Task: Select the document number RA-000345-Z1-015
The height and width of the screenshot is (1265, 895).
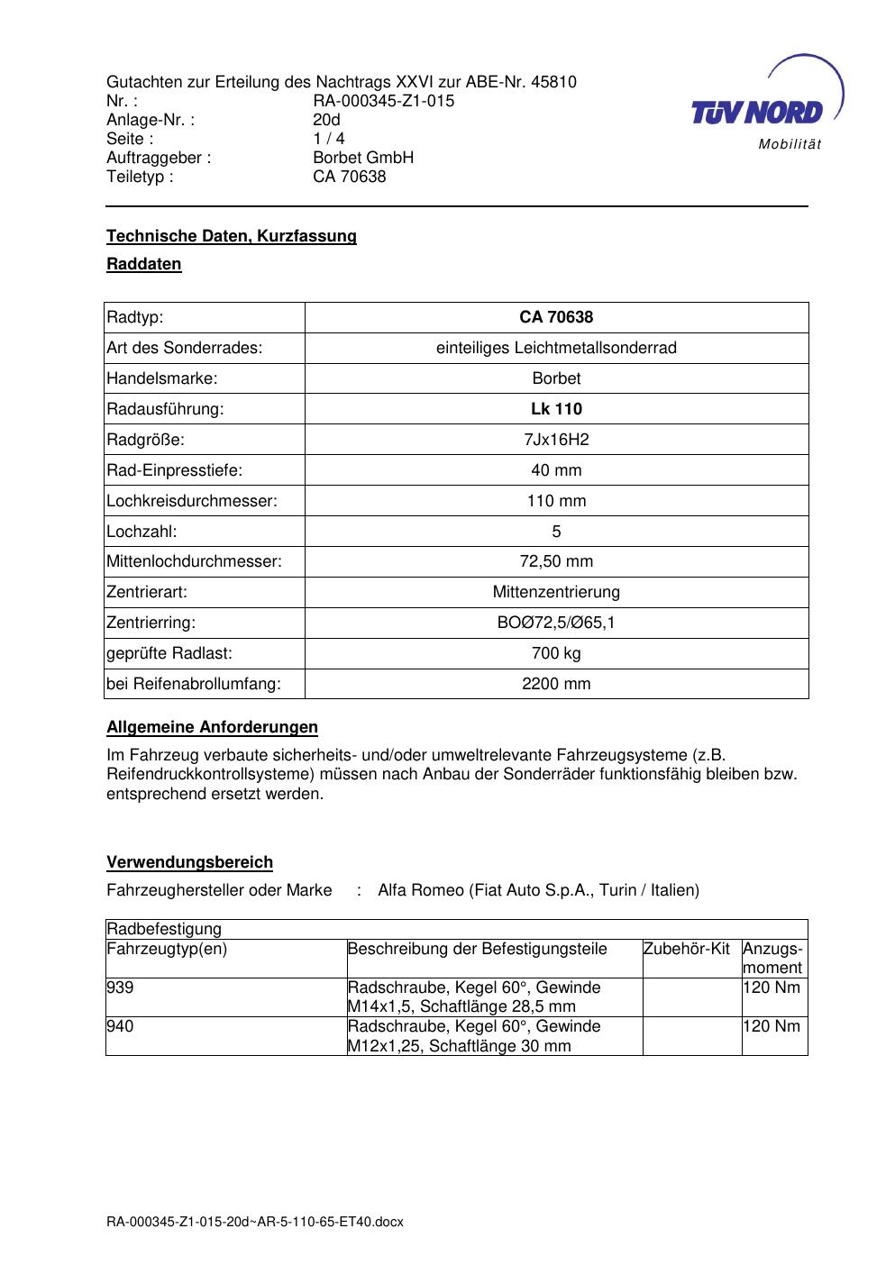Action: click(x=383, y=101)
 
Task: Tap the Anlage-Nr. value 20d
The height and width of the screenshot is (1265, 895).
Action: click(x=326, y=120)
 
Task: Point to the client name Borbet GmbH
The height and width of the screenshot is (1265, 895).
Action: click(x=363, y=158)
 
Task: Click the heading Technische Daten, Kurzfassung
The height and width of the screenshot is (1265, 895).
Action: click(x=232, y=236)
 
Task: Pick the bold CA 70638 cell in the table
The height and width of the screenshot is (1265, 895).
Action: click(x=556, y=317)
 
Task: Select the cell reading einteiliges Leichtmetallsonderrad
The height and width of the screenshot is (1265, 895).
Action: click(x=556, y=348)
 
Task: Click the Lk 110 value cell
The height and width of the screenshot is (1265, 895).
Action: click(x=556, y=409)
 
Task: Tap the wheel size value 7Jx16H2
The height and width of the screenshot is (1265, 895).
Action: click(x=556, y=440)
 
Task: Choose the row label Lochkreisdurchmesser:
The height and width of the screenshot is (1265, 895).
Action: click(x=192, y=501)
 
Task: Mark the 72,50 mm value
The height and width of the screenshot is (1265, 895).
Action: click(x=556, y=561)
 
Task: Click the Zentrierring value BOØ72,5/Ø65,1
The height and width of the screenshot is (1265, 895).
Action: click(x=556, y=623)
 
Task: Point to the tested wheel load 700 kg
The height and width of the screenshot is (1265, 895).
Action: click(x=556, y=653)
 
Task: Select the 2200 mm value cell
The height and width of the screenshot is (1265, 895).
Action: click(x=556, y=684)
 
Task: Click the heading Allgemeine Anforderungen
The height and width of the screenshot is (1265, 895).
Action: click(x=212, y=727)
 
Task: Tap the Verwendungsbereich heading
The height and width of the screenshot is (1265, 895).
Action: click(x=189, y=862)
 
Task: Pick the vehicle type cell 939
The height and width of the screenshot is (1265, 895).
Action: click(x=120, y=987)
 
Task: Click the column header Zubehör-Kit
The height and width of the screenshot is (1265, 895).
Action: click(x=687, y=949)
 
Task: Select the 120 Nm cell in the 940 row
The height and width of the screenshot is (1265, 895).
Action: click(x=772, y=1026)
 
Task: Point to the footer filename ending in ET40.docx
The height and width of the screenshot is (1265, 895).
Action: click(x=255, y=1222)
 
